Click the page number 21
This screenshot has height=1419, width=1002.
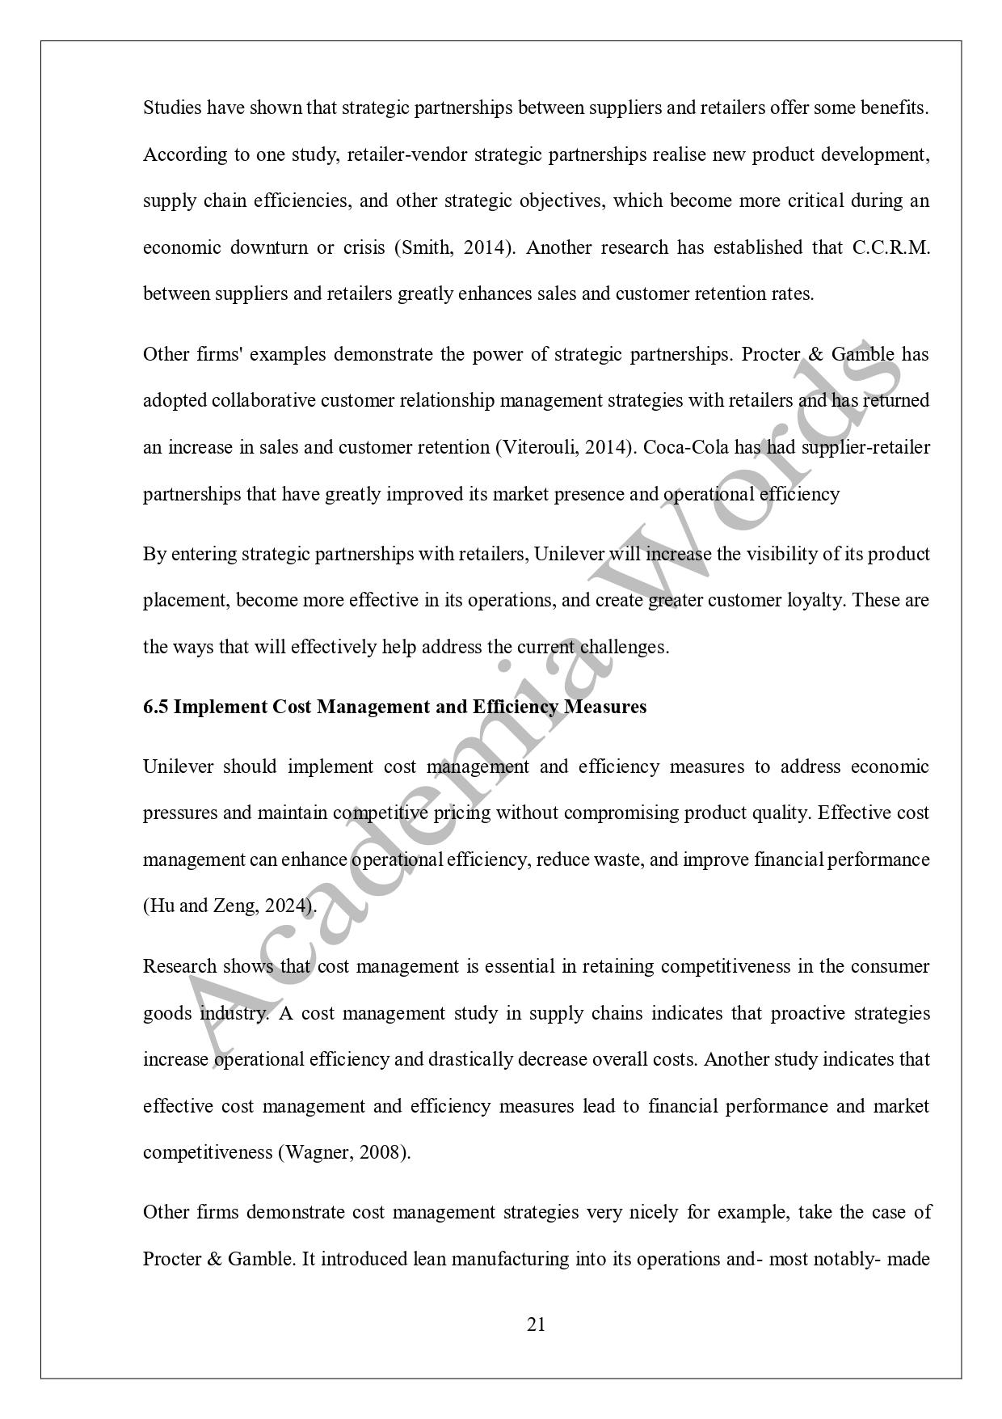click(x=536, y=1324)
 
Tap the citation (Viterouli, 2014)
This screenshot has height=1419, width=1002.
click(x=562, y=447)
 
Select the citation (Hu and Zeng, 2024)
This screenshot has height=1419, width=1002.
click(x=229, y=906)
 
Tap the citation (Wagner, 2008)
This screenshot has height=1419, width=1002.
click(x=344, y=1152)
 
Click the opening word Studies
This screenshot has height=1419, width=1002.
click(x=171, y=108)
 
